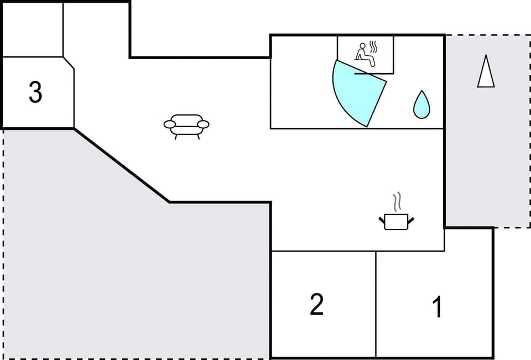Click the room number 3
click(x=35, y=92)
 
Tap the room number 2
click(x=316, y=304)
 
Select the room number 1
click(x=437, y=307)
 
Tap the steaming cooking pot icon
click(x=396, y=221)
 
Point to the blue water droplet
click(x=421, y=105)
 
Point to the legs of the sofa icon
click(x=186, y=136)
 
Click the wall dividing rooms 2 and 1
click(x=376, y=304)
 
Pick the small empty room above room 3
click(x=33, y=30)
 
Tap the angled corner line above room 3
click(x=69, y=62)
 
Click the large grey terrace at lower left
click(x=111, y=265)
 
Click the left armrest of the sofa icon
click(x=169, y=124)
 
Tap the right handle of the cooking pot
click(x=410, y=221)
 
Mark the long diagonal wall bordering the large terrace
click(x=122, y=165)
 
